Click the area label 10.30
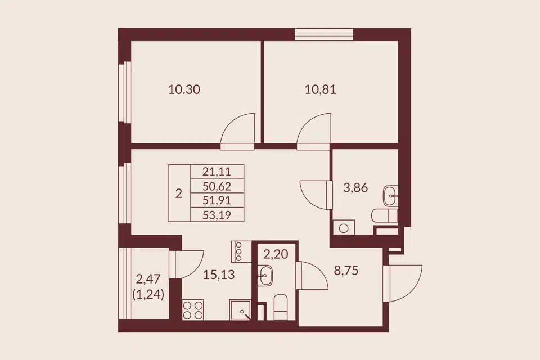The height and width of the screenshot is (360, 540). coord(184,89)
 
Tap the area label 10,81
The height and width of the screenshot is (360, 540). coord(320,89)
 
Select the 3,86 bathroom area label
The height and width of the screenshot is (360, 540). coord(355,188)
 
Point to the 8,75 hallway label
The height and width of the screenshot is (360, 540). coord(346,271)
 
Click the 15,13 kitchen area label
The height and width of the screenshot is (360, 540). coord(219,274)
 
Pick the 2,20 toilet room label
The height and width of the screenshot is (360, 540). coord(276,254)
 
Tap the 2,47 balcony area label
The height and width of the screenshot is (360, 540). coord(148,278)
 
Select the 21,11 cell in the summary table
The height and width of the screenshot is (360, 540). coord(217,171)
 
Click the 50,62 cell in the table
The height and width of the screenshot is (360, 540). coord(217,186)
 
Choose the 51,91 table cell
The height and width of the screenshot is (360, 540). coord(217,200)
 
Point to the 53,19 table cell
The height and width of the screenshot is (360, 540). coord(217,215)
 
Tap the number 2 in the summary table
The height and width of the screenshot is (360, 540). coord(179,194)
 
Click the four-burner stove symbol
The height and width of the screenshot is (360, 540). coord(193,310)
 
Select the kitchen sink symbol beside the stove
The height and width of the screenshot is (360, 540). coord(240,310)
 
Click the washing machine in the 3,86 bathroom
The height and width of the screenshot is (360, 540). coord(343,227)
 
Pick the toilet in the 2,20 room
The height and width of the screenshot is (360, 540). coord(280,307)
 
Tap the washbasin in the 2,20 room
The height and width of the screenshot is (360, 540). coord(265,275)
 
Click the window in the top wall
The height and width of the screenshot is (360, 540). coord(324,35)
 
